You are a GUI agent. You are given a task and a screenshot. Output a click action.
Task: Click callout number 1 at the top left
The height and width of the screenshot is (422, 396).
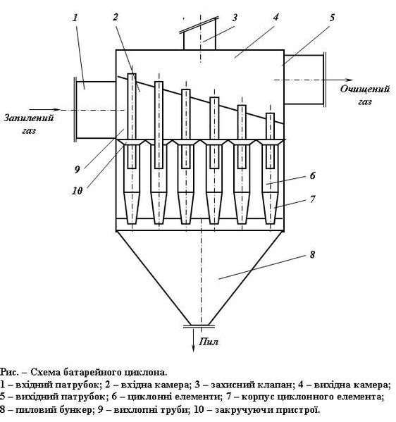pos(75,18)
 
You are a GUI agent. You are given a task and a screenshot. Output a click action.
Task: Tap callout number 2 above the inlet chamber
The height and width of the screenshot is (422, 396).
pos(116,17)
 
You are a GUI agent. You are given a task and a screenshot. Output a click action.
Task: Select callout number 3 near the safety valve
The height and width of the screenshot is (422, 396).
pos(235,18)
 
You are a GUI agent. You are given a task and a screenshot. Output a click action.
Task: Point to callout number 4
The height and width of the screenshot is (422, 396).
pos(276,17)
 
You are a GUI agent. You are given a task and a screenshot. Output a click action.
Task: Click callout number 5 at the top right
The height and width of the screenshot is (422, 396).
pos(332,18)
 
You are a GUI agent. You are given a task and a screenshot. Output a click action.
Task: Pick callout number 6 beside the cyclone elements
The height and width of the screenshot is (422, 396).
pos(312,175)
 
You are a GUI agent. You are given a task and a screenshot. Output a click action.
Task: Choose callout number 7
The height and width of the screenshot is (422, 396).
pos(312,199)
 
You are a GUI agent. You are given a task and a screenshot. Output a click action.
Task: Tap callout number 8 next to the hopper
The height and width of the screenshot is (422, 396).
pos(312,254)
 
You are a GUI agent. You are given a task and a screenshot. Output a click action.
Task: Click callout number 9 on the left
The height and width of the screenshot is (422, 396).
pos(78,169)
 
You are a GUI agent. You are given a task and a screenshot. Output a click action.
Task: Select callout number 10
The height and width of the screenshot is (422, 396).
pos(77,191)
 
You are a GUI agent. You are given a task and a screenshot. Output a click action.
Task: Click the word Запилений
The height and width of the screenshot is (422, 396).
pos(29,118)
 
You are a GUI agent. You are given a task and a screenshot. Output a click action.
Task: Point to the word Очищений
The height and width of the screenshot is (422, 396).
pos(365,89)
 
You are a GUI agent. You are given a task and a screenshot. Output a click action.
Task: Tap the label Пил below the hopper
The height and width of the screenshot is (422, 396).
pos(209,342)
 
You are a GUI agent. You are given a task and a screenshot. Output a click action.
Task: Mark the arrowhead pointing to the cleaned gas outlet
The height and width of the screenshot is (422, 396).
pos(349,80)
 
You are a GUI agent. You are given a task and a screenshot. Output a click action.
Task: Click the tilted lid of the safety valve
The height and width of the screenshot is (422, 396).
pos(199,25)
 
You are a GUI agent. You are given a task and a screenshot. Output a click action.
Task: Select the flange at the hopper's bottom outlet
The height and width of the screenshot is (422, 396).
pos(199,326)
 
